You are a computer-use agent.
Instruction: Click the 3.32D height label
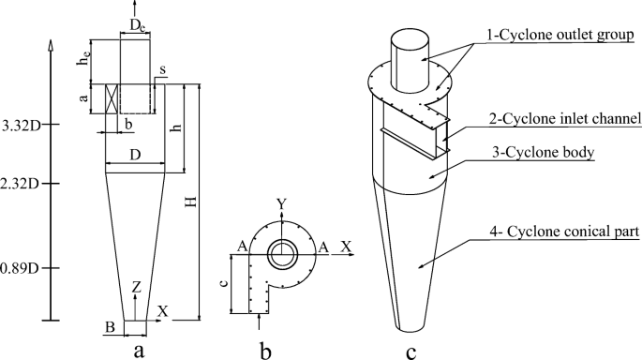click(x=22, y=126)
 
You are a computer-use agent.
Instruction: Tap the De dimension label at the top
click(x=137, y=25)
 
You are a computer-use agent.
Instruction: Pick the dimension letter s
click(x=162, y=70)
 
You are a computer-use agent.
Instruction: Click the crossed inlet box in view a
click(x=112, y=98)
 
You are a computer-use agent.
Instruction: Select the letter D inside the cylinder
click(x=135, y=155)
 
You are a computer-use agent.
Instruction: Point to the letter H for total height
click(x=191, y=202)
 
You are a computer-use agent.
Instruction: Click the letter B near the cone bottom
click(x=110, y=327)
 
